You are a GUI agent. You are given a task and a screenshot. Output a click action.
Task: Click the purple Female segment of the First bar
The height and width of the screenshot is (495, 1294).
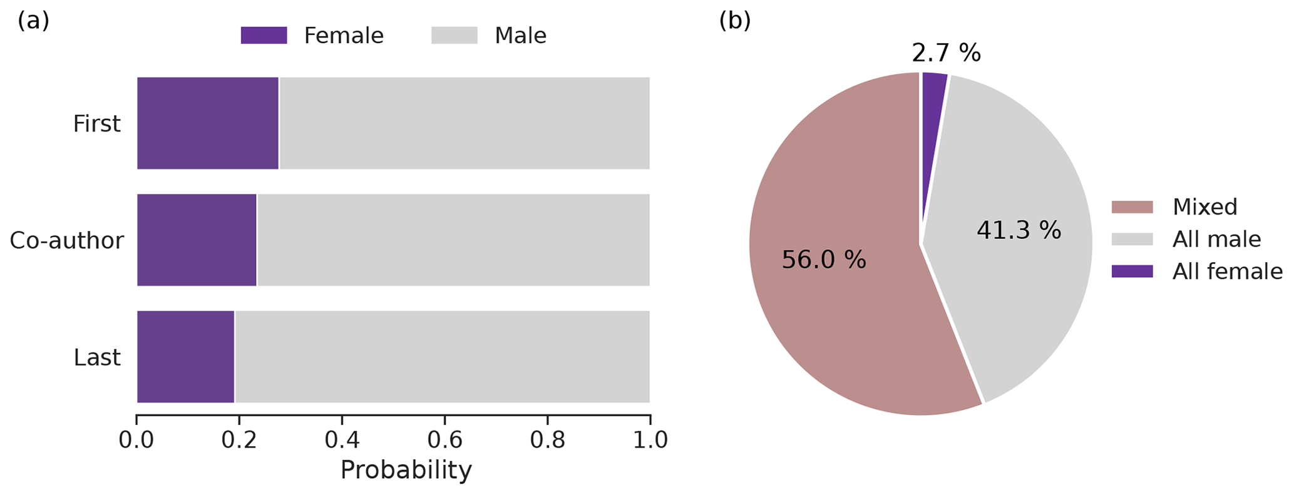tap(207, 123)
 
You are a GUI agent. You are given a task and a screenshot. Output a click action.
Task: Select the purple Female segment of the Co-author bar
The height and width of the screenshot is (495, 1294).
tap(197, 240)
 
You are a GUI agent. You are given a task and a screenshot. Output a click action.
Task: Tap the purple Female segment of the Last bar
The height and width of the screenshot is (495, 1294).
tap(185, 357)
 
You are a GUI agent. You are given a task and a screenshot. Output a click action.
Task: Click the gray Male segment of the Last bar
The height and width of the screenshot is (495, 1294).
tap(442, 357)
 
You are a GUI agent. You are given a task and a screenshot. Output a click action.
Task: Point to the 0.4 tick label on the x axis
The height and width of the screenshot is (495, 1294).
tap(342, 440)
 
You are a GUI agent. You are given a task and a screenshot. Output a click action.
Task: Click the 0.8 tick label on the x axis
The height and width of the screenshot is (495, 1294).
tap(547, 440)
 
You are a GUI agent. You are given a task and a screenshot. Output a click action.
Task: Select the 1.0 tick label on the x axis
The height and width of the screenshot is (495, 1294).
tap(650, 440)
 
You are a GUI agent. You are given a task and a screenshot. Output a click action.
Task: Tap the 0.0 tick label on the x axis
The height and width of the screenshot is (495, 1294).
tap(136, 440)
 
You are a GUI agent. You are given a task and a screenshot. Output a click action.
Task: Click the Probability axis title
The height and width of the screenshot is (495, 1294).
tap(406, 470)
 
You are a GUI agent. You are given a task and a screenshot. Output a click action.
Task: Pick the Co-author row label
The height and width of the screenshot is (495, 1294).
tap(66, 241)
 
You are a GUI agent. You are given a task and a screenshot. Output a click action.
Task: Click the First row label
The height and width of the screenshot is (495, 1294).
tap(96, 124)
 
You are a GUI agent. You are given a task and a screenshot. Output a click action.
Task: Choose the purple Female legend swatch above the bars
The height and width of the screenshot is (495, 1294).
tap(264, 36)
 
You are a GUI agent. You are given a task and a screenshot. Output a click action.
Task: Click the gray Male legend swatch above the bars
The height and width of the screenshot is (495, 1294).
tap(454, 36)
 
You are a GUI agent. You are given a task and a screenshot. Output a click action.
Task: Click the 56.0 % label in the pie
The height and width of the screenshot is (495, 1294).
tap(824, 260)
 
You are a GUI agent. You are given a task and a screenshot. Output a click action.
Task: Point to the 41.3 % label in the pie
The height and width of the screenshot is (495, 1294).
tap(1019, 231)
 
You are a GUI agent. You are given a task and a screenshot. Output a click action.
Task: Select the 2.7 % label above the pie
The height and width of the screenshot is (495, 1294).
tap(946, 54)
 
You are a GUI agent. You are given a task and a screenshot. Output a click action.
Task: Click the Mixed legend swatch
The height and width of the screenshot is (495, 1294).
tap(1132, 207)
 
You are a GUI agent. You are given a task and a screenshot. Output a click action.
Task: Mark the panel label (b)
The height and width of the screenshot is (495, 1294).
tap(734, 21)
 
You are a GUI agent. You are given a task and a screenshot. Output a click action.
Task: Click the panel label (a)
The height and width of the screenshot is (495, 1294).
tap(33, 21)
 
